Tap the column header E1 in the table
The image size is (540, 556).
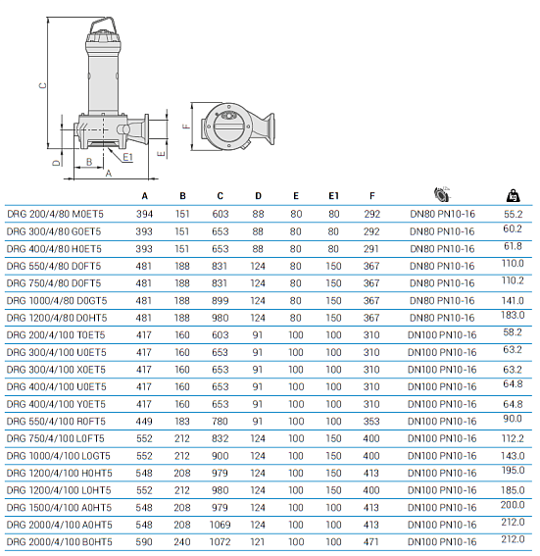pos(333,195)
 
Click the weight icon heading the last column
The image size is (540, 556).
pos(513,194)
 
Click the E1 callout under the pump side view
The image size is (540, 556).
pos(127,156)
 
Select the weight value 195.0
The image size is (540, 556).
pos(514,471)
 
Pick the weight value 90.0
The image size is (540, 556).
pos(514,419)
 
